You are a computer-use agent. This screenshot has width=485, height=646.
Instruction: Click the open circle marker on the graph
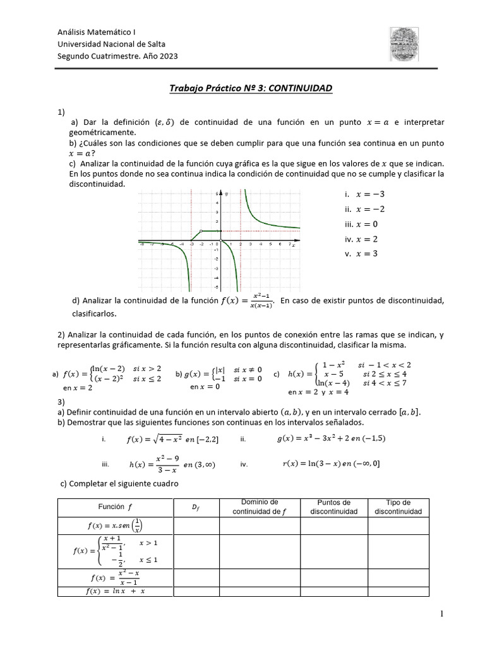coord(201,232)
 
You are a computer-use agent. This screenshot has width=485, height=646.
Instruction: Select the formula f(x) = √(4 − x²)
coord(161,440)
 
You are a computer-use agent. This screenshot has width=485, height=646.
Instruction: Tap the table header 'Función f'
coord(115,507)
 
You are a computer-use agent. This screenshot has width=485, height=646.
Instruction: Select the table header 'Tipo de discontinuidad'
coord(398,507)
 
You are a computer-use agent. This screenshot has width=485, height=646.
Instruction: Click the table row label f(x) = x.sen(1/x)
coord(115,525)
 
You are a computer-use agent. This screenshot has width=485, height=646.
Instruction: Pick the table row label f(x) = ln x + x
coord(115,591)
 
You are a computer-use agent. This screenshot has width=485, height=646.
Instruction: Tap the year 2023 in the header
coord(167,56)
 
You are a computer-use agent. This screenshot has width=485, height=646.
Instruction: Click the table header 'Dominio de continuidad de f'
coord(259,507)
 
